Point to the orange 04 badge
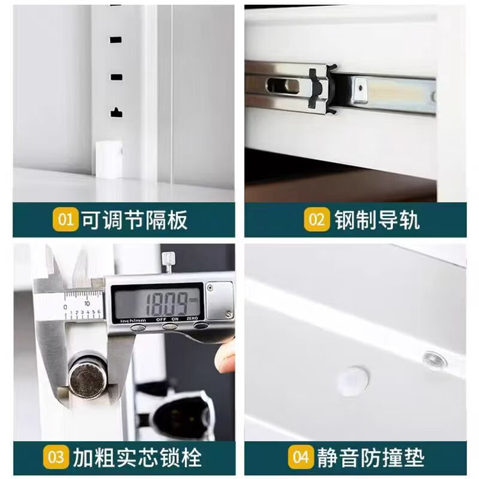[x=300, y=458]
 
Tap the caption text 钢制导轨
[x=377, y=220]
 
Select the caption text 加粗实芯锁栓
[x=137, y=458]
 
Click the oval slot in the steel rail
[x=281, y=85]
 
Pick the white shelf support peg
[x=109, y=158]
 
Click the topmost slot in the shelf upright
[x=116, y=40]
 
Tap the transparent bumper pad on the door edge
[x=434, y=359]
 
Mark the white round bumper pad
[x=352, y=380]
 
